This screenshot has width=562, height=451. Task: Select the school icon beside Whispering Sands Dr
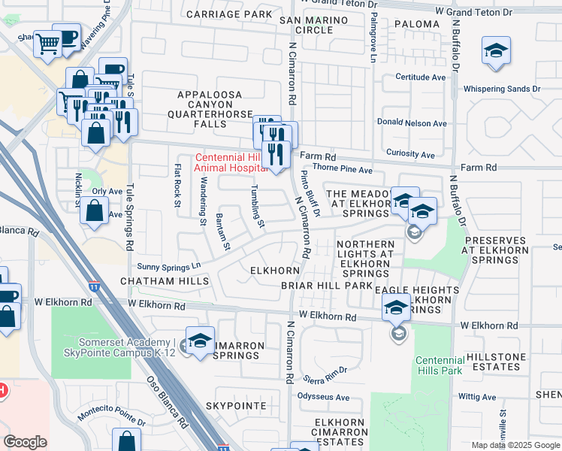pos(496,52)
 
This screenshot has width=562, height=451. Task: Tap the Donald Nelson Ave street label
pos(412,123)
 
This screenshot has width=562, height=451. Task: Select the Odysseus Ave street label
pos(324,397)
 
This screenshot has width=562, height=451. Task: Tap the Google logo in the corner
pos(25,442)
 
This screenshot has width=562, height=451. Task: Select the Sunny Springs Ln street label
pos(169,266)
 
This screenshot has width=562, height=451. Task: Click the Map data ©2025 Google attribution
pos(515,445)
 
